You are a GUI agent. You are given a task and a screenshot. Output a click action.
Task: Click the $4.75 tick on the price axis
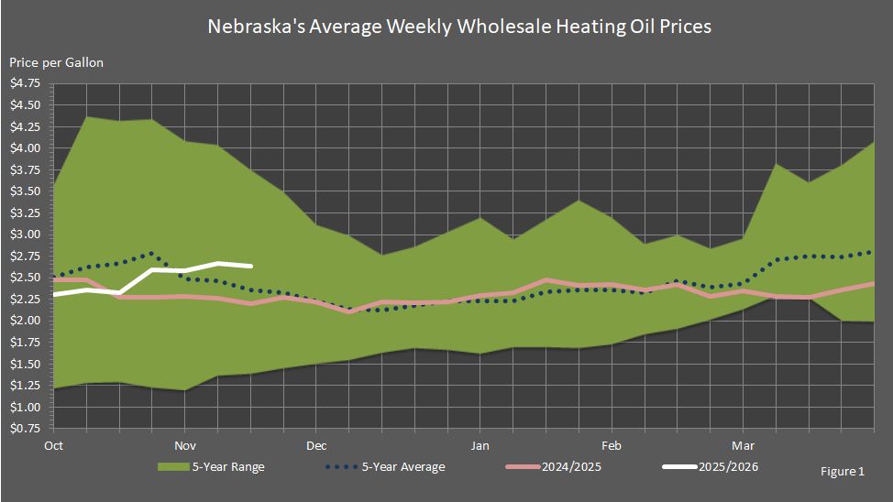point(25,83)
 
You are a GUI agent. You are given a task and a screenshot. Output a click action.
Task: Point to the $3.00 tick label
point(25,235)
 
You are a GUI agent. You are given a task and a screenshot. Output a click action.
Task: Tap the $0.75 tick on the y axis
point(25,429)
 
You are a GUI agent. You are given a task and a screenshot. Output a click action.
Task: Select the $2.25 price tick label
point(25,299)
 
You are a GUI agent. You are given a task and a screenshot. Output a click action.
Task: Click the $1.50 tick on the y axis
point(25,364)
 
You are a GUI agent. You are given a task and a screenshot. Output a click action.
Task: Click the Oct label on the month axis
point(53,445)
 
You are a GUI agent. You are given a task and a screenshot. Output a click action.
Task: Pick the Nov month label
point(185,445)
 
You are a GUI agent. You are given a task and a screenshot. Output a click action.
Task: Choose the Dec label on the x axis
point(316,445)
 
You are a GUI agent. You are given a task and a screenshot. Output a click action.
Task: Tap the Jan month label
point(480,445)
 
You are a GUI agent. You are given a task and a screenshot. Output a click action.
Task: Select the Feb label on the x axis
point(612,445)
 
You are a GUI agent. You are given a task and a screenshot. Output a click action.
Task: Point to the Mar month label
point(744,445)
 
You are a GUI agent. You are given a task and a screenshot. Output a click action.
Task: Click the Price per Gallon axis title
point(57,62)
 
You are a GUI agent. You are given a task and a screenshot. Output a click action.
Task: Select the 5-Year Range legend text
point(228,467)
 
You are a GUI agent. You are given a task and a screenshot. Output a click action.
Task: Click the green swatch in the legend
point(171,467)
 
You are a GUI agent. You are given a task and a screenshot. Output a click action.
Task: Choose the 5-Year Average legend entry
point(402,467)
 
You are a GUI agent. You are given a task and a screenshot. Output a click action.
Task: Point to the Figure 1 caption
point(843,472)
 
